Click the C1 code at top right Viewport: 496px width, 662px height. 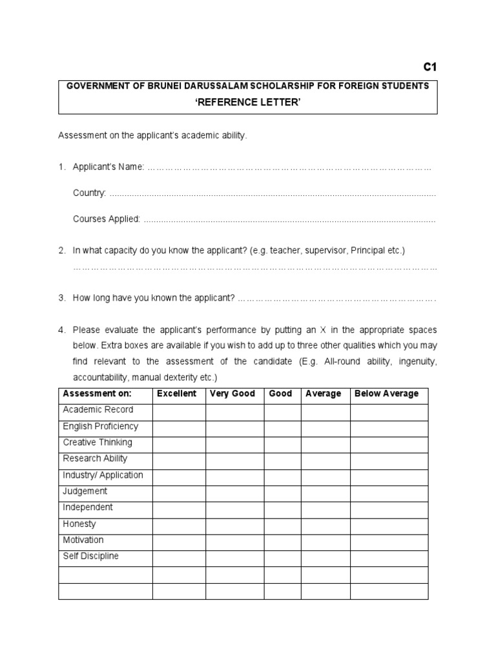(430, 67)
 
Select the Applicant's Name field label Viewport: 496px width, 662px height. (108, 167)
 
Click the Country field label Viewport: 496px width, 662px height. (89, 193)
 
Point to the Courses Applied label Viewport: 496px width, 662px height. (106, 219)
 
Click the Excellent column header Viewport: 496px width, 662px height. (176, 394)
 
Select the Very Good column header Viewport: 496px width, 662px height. (232, 394)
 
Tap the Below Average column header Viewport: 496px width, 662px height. (386, 394)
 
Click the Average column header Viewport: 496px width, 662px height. (323, 394)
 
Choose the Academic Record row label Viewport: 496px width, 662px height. (98, 410)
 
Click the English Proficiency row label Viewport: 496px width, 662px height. (100, 427)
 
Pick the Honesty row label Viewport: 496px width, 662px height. (79, 524)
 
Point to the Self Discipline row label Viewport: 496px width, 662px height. (91, 557)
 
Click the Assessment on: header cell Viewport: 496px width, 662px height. (97, 394)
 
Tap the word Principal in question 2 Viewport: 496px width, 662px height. (369, 250)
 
